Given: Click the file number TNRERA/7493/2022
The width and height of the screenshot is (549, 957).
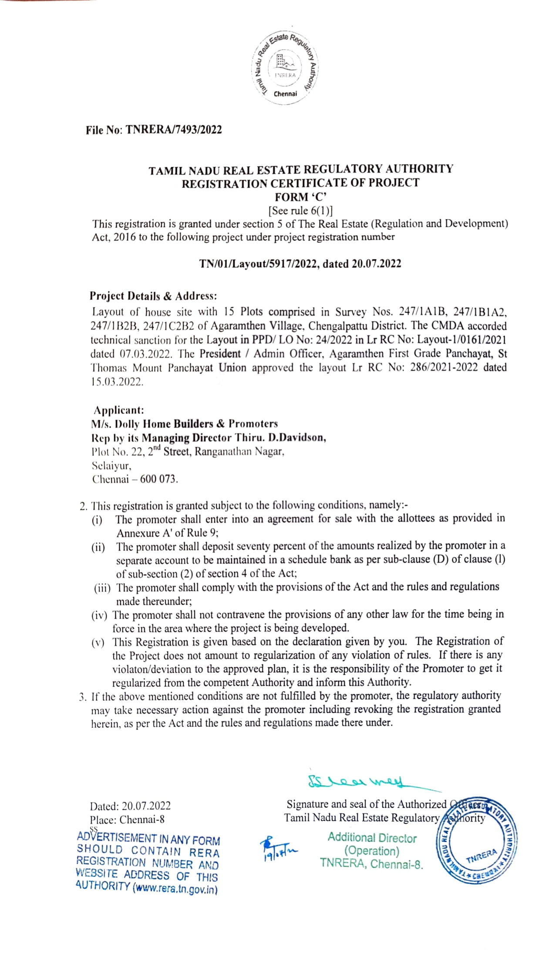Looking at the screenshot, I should coord(174,130).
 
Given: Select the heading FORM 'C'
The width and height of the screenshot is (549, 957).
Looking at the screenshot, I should coord(300,197).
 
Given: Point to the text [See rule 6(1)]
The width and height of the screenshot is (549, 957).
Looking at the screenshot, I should coord(300,211).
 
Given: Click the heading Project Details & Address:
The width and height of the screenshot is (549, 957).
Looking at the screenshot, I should coord(153,296).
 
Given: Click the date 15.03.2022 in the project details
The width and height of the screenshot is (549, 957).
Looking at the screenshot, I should coord(117,382).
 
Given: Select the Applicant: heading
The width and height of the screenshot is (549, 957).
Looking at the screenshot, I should coord(119,410).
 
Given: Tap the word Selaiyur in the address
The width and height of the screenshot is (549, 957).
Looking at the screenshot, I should coord(111,465).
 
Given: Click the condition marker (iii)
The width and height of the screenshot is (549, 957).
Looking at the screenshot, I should coord(102,589).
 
